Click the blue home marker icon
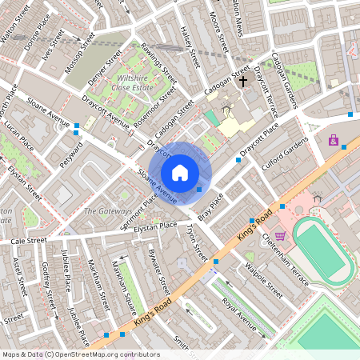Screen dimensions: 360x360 point(180,172)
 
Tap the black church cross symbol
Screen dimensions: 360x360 point(243,81)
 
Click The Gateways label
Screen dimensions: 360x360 point(108,211)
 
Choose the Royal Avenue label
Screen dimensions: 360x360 point(239,315)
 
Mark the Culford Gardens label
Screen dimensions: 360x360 point(285,154)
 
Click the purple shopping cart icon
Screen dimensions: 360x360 point(280,236)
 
